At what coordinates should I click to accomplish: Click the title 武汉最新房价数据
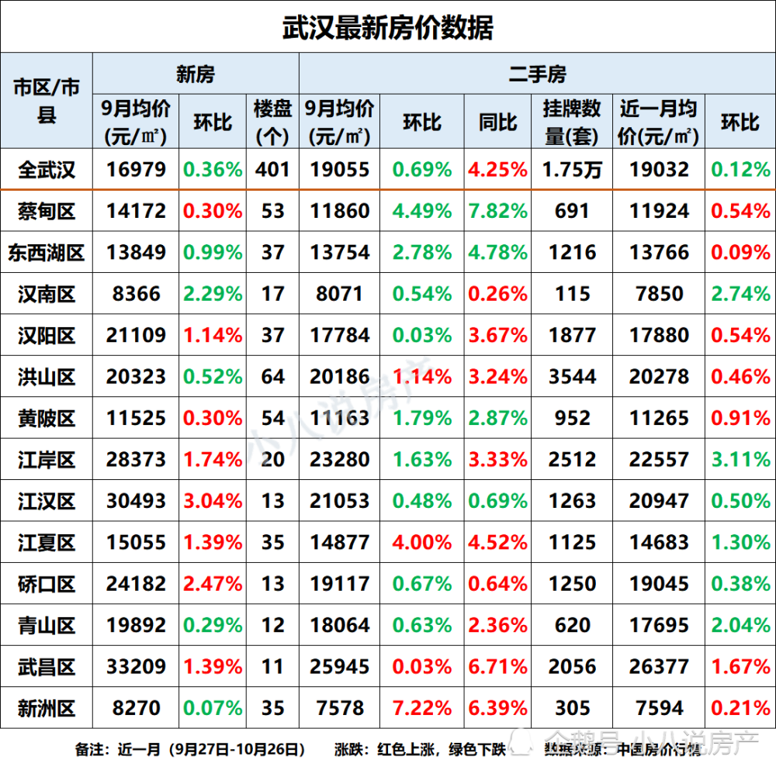[x=387, y=28]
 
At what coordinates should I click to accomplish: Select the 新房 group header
[x=195, y=74]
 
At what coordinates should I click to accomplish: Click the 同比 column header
[x=498, y=122]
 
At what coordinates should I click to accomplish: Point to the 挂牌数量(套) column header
[x=572, y=122]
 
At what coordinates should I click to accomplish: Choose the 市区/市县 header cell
[x=47, y=101]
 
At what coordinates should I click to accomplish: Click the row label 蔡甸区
[x=47, y=211]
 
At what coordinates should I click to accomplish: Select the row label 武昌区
[x=47, y=666]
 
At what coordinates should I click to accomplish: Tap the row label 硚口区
[x=47, y=583]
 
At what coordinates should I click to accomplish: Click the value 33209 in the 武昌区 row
[x=136, y=666]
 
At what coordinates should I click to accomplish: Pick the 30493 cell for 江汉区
[x=136, y=501]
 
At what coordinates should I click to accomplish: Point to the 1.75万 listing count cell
[x=572, y=170]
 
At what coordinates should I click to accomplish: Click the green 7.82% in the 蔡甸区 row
[x=498, y=211]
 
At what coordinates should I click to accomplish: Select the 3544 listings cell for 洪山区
[x=572, y=377]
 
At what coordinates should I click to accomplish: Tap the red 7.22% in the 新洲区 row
[x=422, y=708]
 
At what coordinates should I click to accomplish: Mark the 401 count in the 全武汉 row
[x=272, y=170]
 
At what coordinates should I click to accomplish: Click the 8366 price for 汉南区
[x=136, y=294]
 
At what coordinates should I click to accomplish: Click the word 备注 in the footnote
[x=91, y=750]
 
